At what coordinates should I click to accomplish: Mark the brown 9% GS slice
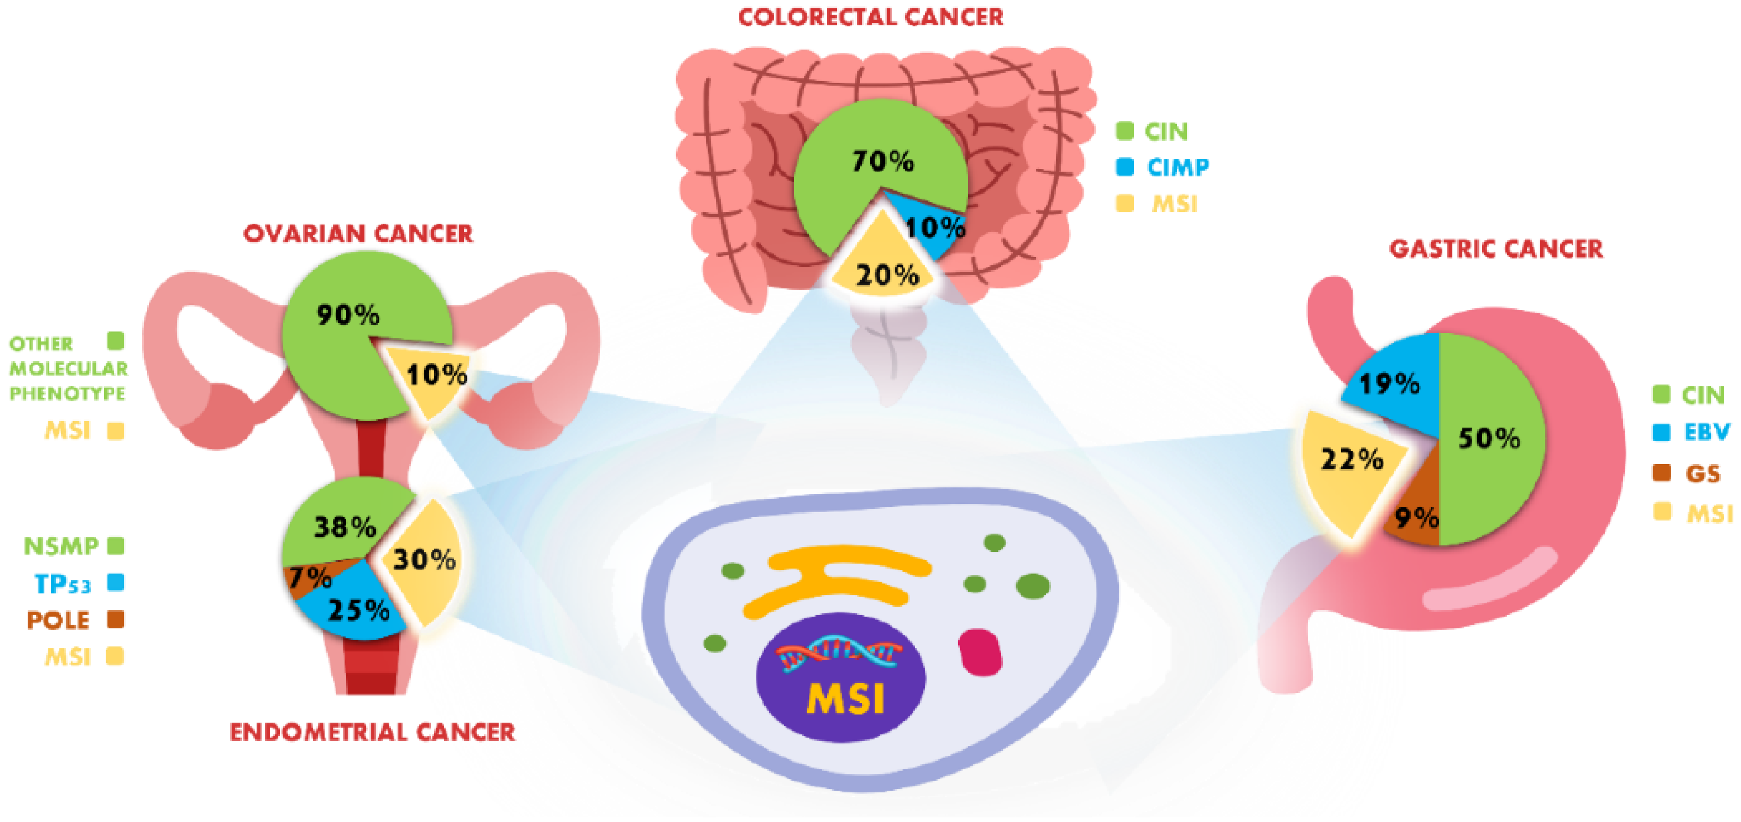[1416, 510]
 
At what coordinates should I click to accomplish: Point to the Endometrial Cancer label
[372, 732]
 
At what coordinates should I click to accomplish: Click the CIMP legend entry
[1163, 167]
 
